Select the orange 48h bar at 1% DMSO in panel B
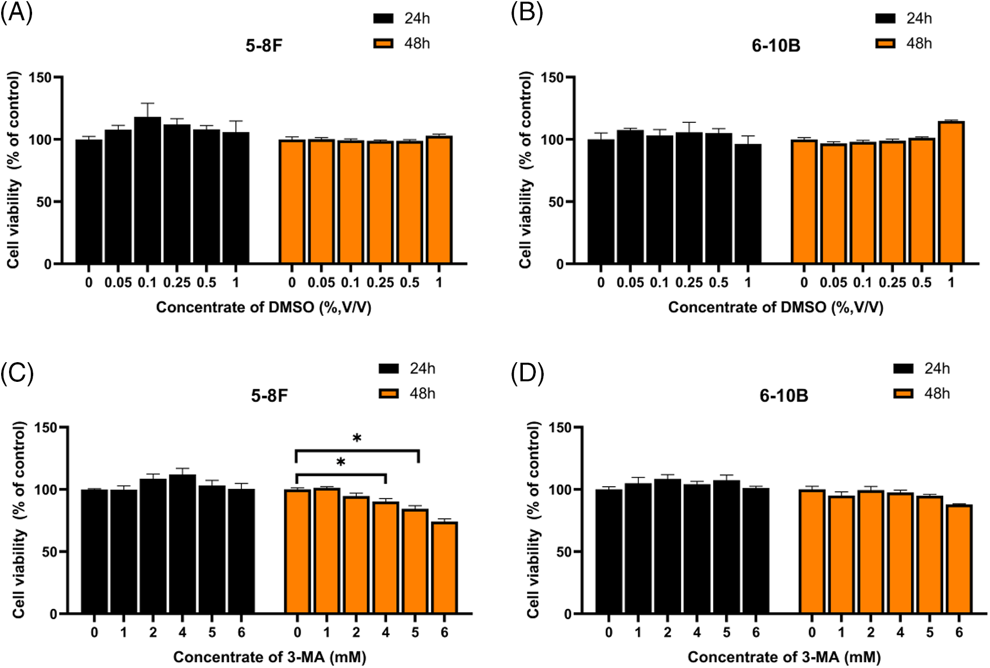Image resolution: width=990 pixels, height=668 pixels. (x=951, y=193)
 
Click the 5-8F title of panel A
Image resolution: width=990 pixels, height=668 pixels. (x=263, y=46)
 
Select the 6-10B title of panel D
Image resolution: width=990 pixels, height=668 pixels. (x=783, y=396)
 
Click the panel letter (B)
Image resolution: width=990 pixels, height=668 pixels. (x=527, y=12)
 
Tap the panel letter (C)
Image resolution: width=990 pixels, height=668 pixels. (x=17, y=372)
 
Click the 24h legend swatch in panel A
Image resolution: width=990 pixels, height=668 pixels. (x=383, y=19)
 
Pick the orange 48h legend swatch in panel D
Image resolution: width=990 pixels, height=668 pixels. (x=903, y=394)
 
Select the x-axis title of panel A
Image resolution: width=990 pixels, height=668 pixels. (x=263, y=308)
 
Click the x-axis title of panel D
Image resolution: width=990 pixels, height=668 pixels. (x=783, y=657)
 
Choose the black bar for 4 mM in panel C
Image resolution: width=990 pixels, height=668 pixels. (x=182, y=544)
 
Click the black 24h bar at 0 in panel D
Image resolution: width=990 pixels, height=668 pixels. (x=608, y=551)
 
